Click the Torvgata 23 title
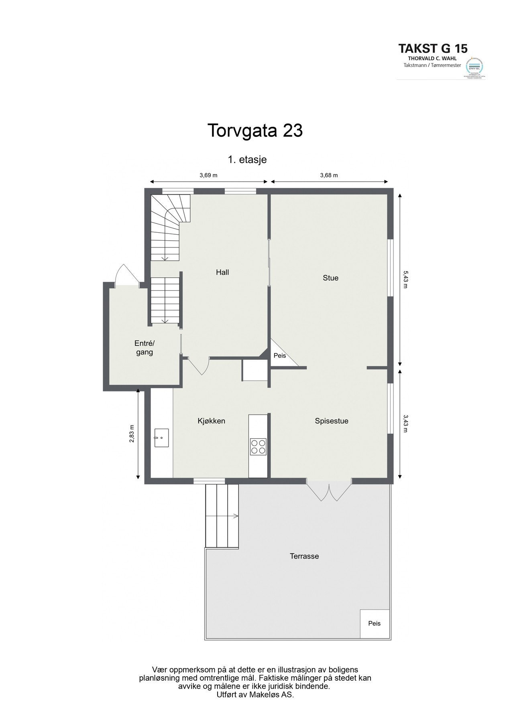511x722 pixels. (255, 131)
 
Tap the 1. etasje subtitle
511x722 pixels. (247, 160)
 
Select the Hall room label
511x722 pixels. (222, 272)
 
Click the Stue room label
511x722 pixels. (330, 278)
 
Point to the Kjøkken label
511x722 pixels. (211, 421)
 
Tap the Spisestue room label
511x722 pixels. (331, 421)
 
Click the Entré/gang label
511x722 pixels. (144, 348)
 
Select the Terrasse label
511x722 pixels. (304, 556)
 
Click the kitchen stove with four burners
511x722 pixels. (258, 446)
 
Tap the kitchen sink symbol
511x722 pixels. (161, 438)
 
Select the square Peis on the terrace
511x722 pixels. (375, 624)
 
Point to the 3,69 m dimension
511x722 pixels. (208, 175)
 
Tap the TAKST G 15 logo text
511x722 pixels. (433, 49)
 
